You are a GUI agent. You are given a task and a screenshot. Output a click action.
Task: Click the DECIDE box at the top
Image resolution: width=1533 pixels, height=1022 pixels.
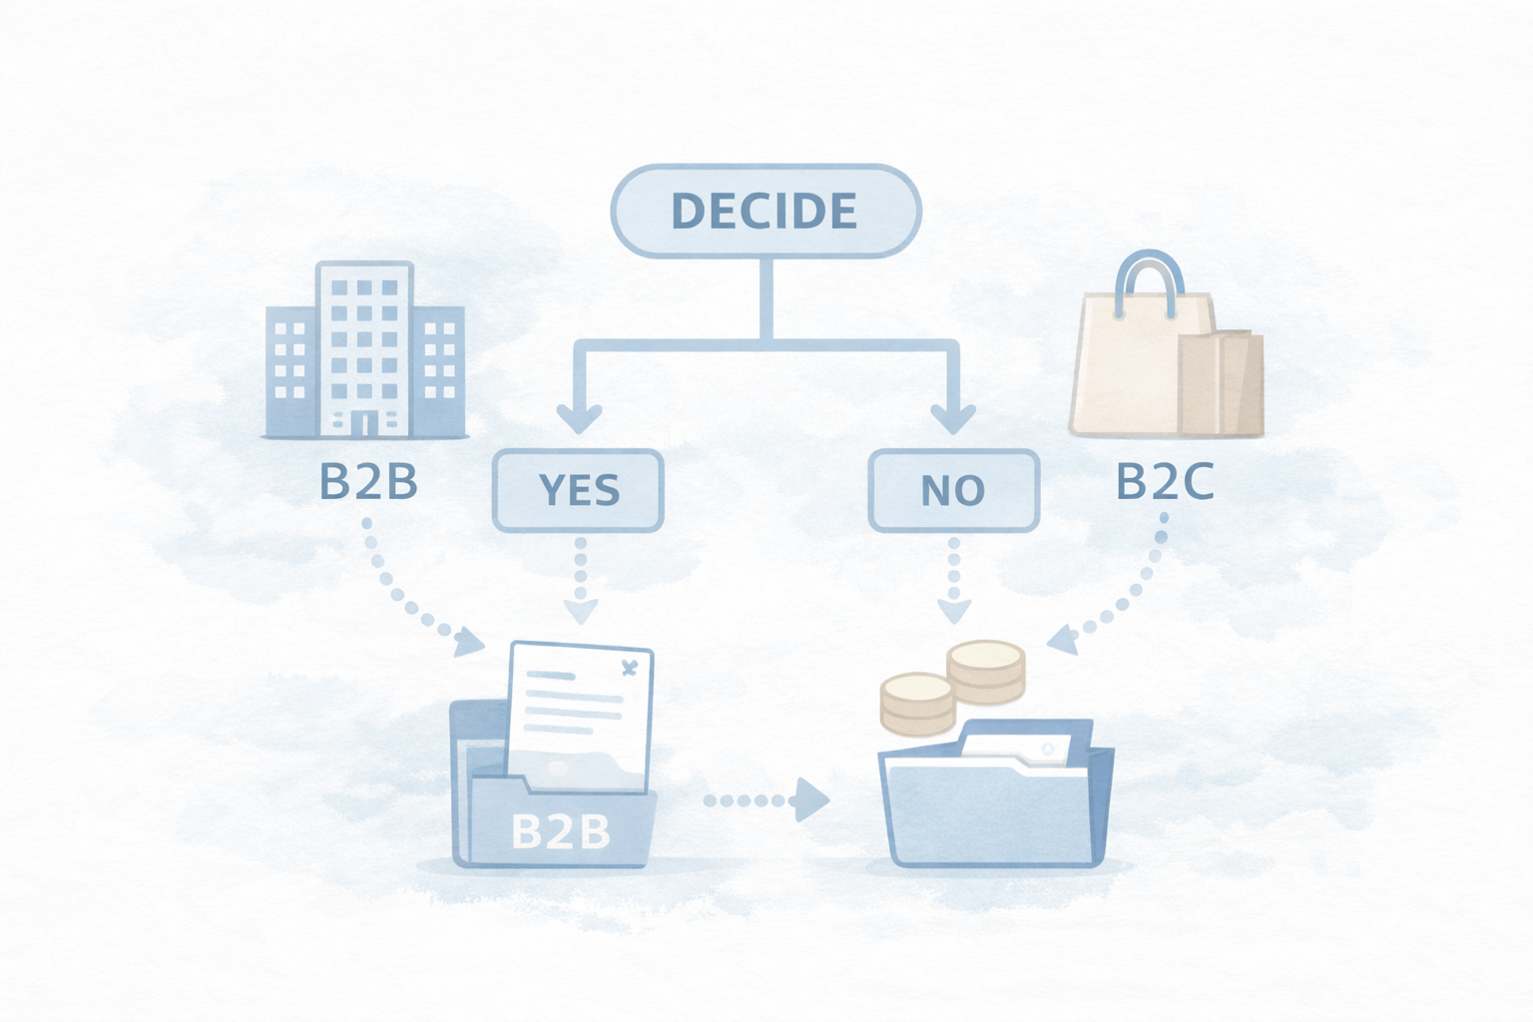[x=766, y=211]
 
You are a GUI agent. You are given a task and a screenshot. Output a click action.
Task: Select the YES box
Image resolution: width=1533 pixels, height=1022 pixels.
[x=578, y=490]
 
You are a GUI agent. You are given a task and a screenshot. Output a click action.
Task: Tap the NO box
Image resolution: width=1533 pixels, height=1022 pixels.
[x=953, y=490]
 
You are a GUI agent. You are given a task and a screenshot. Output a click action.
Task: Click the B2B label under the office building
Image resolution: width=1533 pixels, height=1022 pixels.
[x=368, y=482]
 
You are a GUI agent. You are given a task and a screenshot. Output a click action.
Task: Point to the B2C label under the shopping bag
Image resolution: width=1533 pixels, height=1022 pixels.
[x=1164, y=482]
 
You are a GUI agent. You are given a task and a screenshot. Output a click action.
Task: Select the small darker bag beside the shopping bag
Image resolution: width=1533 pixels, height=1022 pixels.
[x=1223, y=384]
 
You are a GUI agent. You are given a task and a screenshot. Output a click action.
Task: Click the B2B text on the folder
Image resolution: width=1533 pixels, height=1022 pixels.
[x=560, y=831]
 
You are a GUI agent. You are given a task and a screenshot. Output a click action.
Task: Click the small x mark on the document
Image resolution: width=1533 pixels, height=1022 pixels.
[x=629, y=669]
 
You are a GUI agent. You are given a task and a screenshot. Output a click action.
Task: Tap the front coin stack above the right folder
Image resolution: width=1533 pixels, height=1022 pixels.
[x=917, y=702]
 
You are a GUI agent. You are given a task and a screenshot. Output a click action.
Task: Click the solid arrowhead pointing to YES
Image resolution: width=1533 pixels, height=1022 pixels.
[x=578, y=417]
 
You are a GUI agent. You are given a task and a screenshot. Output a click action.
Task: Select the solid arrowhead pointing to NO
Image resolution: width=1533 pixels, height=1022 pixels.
[x=953, y=417]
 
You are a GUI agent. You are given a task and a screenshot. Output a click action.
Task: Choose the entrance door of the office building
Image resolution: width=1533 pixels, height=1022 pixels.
[x=364, y=424]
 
